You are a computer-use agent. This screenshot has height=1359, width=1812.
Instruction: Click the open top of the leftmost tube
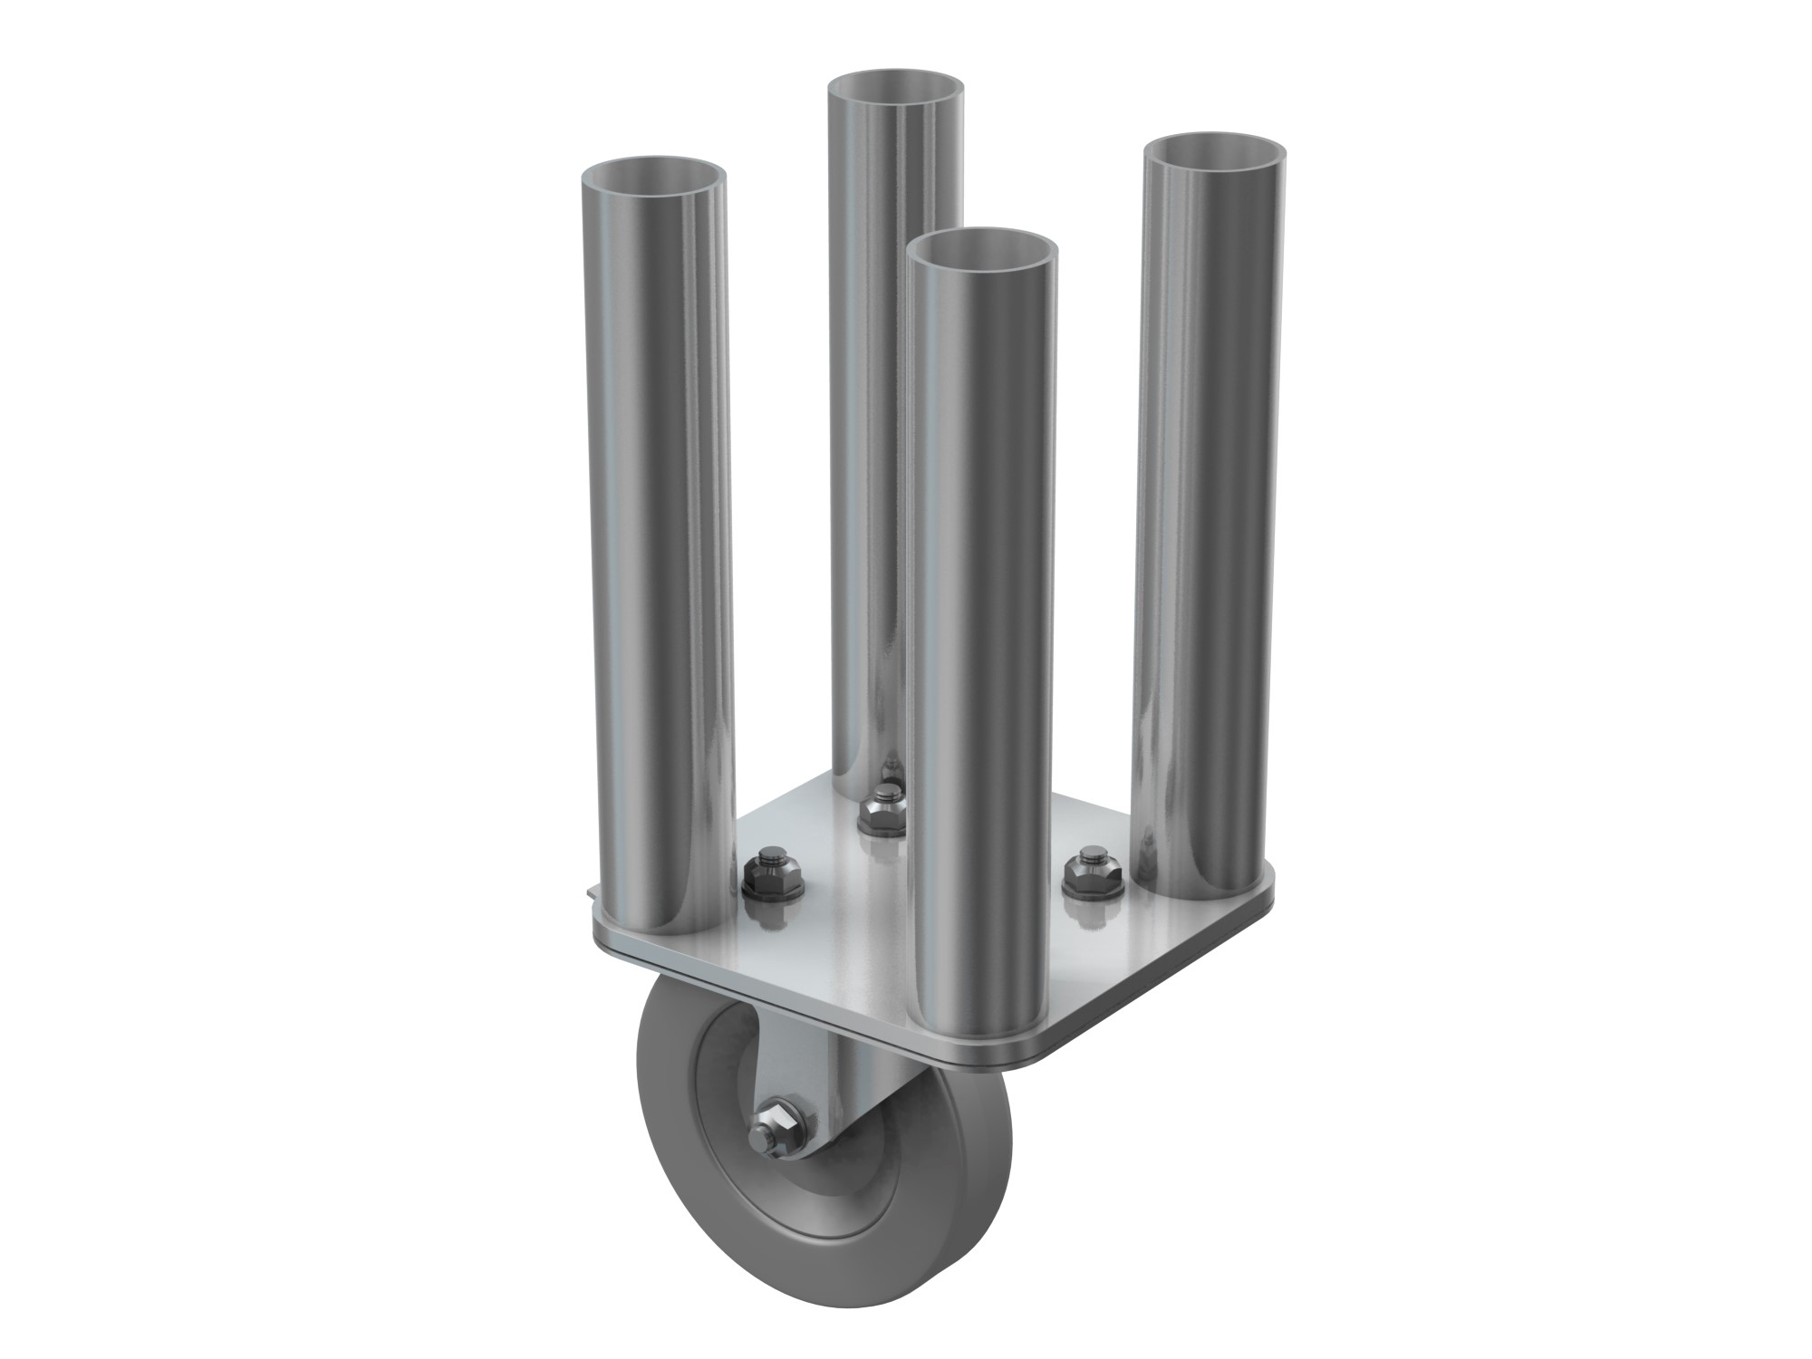[x=652, y=177]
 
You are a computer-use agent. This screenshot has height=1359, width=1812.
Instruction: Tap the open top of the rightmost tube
[x=1214, y=151]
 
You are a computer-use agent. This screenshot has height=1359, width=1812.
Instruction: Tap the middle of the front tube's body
[x=983, y=634]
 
